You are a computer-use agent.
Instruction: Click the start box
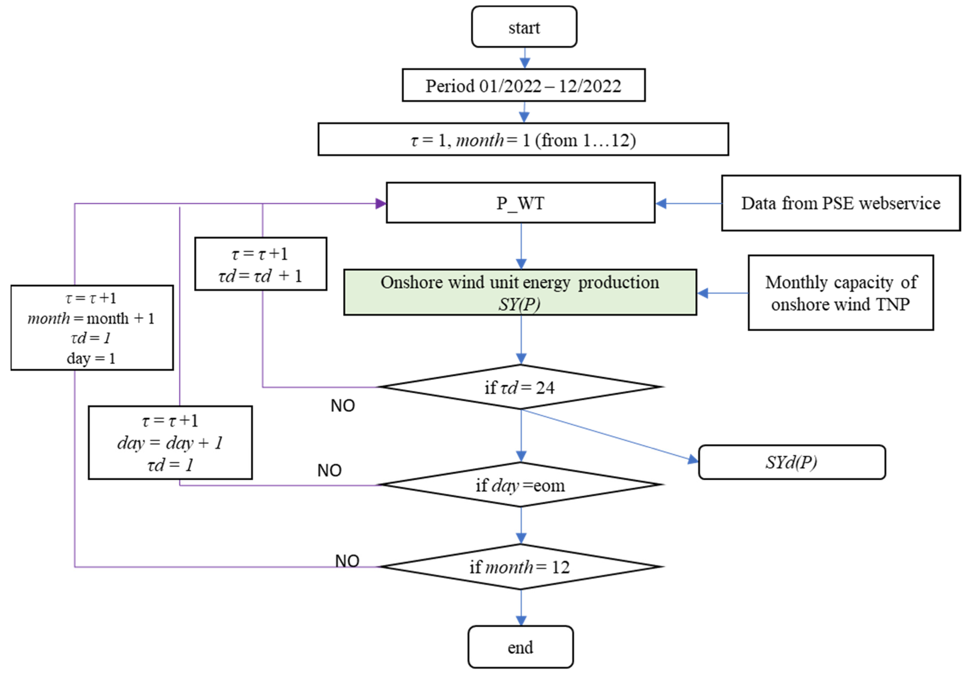coord(524,27)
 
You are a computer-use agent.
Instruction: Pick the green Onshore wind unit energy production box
coord(520,292)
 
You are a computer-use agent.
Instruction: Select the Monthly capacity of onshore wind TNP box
coord(841,293)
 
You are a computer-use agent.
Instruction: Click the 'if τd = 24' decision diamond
coord(521,387)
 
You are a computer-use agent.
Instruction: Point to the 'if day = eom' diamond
coord(521,485)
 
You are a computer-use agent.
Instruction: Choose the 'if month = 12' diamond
coord(521,567)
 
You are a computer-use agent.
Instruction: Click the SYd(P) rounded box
coord(792,462)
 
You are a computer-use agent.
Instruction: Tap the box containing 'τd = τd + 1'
coord(261,264)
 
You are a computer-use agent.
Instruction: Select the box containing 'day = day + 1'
coord(170,443)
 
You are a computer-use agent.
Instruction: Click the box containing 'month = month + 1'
coord(92,328)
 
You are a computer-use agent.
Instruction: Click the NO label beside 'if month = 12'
coord(347,561)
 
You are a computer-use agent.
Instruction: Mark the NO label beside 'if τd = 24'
coord(343,406)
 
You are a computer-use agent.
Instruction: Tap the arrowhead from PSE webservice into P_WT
coord(661,204)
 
